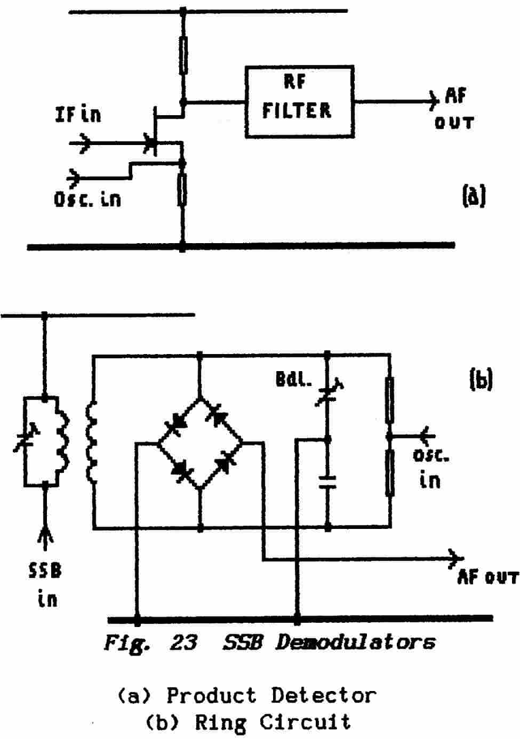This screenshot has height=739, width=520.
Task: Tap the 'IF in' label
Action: pyautogui.click(x=78, y=114)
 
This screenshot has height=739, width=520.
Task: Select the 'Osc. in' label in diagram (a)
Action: pyautogui.click(x=87, y=199)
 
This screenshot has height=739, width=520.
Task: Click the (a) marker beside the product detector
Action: pyautogui.click(x=474, y=196)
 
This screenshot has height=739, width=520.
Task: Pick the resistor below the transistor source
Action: pyautogui.click(x=182, y=189)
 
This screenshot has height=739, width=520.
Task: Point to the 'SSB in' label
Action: pyautogui.click(x=46, y=585)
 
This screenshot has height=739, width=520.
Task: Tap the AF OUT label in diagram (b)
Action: pyautogui.click(x=487, y=577)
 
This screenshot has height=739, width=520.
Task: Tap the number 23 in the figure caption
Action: pyautogui.click(x=182, y=643)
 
